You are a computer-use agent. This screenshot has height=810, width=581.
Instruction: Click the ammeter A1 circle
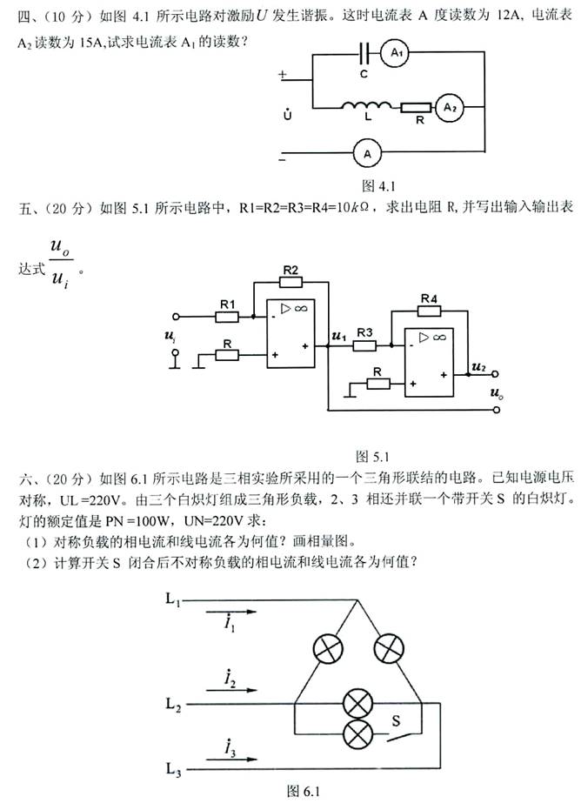click(397, 54)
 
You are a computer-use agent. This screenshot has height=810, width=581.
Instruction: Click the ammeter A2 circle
click(449, 108)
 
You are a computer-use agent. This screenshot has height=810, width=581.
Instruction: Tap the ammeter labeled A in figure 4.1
click(367, 153)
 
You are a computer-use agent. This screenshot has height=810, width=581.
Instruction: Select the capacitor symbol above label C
click(365, 54)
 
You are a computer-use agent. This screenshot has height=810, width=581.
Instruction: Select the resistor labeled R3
click(364, 345)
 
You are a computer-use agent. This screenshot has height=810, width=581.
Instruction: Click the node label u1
click(338, 335)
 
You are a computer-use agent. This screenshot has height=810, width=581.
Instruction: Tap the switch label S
click(395, 720)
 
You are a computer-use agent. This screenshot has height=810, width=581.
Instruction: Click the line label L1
click(171, 600)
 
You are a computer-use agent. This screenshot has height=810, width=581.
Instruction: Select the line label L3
click(172, 768)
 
